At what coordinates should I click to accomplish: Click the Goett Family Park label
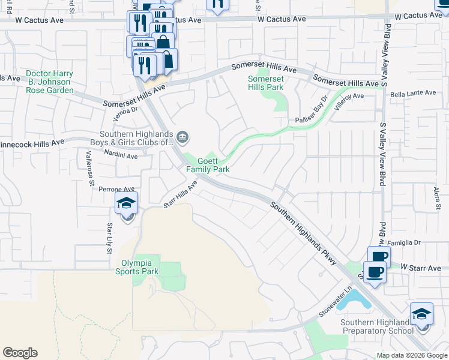coord(207,166)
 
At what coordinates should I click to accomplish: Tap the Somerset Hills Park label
coord(266,83)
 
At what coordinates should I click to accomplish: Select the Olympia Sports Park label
coord(137,267)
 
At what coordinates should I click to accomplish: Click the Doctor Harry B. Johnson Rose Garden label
coord(50,82)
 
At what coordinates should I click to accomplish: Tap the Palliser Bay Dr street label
coord(312,110)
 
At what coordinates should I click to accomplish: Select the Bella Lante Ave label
coord(413,93)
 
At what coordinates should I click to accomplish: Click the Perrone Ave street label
coord(115,188)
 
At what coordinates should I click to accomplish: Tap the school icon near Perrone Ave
coord(127,203)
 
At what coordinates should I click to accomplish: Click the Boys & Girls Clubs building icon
coord(184,139)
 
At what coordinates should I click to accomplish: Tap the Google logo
coord(20,353)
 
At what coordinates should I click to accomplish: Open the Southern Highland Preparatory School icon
coord(421,314)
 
